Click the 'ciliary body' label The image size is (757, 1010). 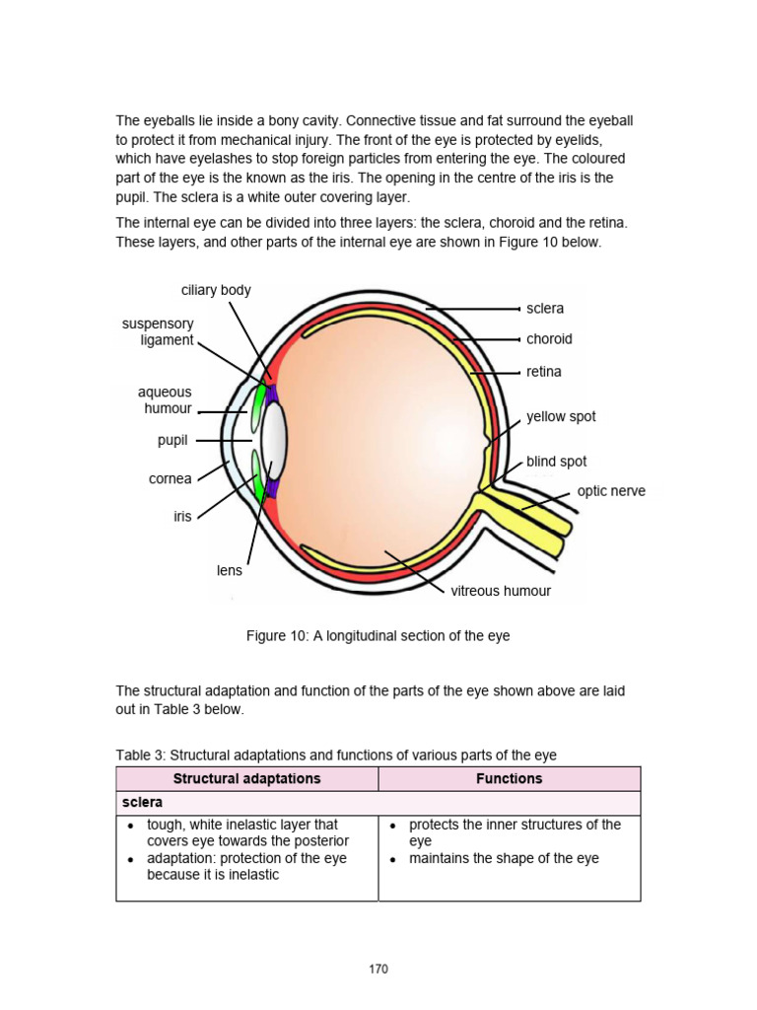tap(216, 290)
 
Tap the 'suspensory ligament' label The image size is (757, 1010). tap(158, 331)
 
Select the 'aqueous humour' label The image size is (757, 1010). tap(165, 400)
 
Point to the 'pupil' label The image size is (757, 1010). tap(172, 441)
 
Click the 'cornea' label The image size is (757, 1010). tap(171, 478)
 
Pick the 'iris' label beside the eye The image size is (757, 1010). tap(182, 516)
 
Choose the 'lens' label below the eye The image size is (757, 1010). tap(230, 570)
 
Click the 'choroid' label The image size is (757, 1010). tap(549, 339)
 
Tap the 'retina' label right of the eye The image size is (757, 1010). tap(543, 372)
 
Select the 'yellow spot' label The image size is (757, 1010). tap(561, 416)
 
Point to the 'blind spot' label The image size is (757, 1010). tap(556, 462)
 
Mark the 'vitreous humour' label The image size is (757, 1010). tap(501, 592)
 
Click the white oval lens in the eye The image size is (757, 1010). tap(274, 439)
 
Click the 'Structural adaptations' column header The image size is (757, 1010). tap(247, 778)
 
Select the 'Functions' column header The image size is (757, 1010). tap(509, 778)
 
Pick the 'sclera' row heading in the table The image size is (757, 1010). tap(142, 803)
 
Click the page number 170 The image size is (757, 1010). tap(378, 969)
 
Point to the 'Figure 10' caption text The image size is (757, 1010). tap(378, 636)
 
